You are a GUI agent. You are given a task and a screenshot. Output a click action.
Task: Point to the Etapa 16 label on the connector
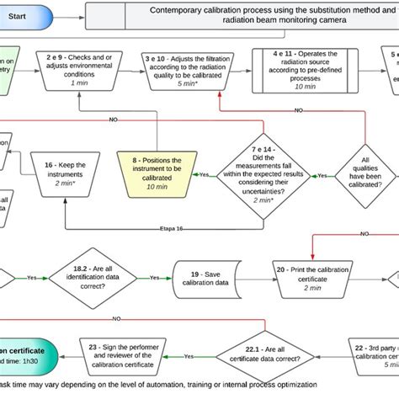(x=172, y=229)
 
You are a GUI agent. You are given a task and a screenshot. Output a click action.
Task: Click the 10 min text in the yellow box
(x=157, y=187)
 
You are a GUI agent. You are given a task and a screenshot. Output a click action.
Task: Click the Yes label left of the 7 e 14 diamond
(x=205, y=174)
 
